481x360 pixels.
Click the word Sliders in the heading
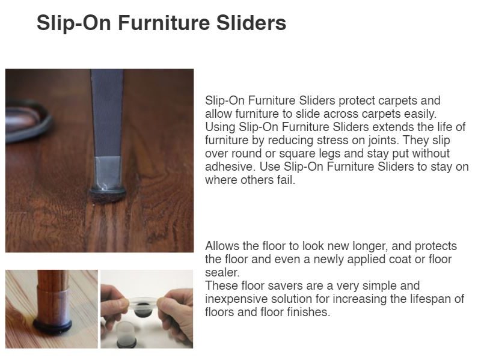(251, 23)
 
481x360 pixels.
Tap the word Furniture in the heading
(164, 23)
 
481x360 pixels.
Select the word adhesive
(230, 167)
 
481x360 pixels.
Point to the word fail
(286, 180)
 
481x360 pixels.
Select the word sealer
(222, 273)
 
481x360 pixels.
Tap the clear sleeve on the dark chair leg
(108, 172)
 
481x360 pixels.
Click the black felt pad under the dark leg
(108, 195)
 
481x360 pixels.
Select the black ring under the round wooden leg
(52, 326)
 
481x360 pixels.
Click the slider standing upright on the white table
(126, 335)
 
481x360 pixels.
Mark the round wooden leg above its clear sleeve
(52, 278)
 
